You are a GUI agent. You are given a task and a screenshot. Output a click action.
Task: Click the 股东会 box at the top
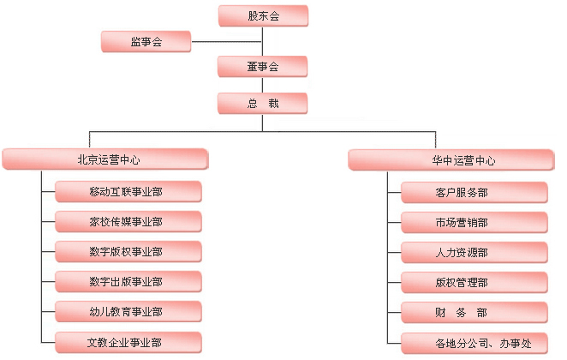(263, 15)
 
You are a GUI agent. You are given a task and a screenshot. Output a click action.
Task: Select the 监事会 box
(146, 41)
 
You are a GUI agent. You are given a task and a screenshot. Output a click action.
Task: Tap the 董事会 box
(263, 66)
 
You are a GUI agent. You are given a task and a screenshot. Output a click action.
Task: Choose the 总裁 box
(263, 104)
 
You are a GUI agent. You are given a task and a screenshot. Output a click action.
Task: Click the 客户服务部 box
(473, 192)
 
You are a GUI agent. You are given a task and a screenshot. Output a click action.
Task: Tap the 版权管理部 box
(473, 282)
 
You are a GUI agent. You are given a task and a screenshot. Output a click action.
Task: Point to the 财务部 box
(473, 312)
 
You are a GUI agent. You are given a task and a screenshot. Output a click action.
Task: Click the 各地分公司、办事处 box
(473, 343)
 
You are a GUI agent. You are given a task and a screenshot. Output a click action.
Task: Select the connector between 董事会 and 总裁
(263, 85)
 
